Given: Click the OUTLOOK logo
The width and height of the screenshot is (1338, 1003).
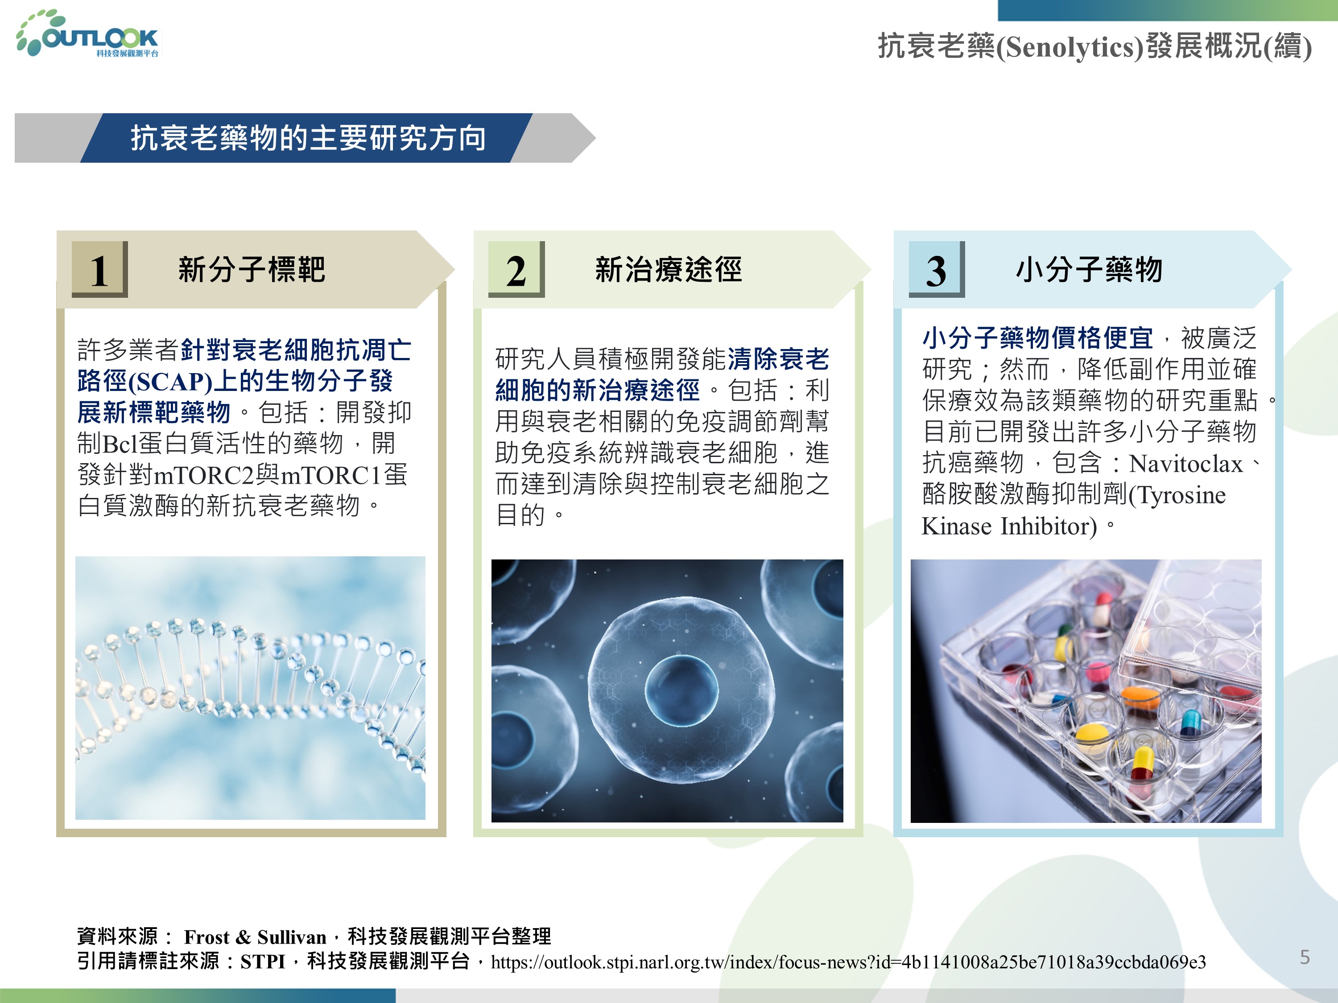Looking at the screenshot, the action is [88, 34].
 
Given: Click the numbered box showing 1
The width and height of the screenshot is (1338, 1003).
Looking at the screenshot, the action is [100, 270].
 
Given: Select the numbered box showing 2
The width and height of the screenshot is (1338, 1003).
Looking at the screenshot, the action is [516, 270].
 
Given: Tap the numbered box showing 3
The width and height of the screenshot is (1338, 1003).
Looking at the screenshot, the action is [936, 270].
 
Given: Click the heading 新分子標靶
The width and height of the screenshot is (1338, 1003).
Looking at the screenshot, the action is [252, 269].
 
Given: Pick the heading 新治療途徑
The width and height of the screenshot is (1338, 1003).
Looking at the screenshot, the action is [669, 269].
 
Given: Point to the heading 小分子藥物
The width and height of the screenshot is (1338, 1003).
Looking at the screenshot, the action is [1089, 269].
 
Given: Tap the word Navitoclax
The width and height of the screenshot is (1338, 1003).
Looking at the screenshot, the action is [1185, 464].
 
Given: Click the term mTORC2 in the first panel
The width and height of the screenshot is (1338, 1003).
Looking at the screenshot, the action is [204, 476].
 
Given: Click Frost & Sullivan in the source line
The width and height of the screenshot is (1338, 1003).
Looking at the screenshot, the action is [255, 937].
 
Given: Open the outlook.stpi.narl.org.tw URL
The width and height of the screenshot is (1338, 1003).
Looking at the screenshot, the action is [848, 962].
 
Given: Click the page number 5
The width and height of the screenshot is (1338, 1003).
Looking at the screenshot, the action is [1305, 957].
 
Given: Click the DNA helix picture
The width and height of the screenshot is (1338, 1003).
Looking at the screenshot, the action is [250, 688].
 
